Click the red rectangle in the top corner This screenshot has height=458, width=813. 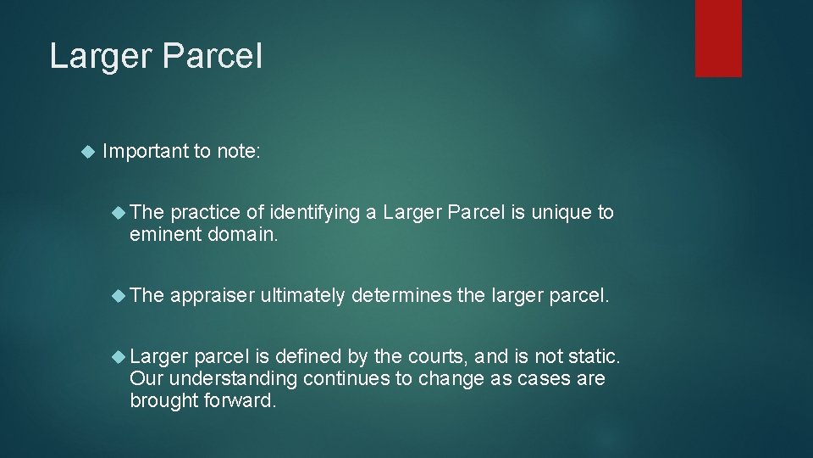pos(718,38)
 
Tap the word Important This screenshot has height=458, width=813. pos(145,152)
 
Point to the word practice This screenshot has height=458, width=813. pos(205,213)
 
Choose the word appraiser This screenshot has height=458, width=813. pos(213,295)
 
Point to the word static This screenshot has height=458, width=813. pos(596,356)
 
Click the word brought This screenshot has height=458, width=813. pos(163,400)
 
